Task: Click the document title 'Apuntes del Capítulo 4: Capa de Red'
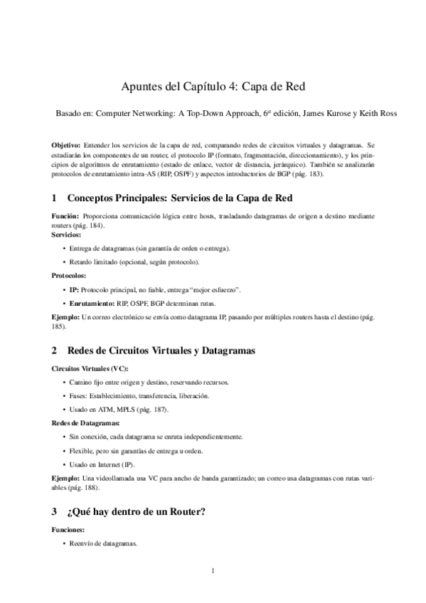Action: (x=213, y=87)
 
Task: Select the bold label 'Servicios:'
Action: (x=66, y=234)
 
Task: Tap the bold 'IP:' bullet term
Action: (x=74, y=290)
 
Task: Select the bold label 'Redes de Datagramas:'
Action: (x=85, y=423)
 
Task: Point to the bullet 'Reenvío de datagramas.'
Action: (x=103, y=544)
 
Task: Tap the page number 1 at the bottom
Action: (x=213, y=571)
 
